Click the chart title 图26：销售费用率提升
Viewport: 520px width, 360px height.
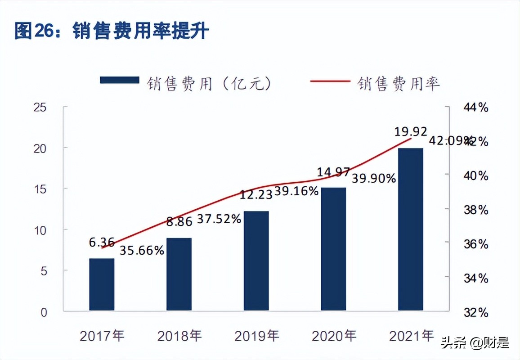coord(112,31)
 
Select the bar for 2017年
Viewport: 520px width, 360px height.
coord(102,284)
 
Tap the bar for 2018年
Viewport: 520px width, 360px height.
coord(179,274)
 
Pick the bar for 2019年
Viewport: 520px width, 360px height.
coord(256,261)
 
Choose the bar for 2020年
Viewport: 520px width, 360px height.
coord(333,249)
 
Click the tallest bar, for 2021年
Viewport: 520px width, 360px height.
coord(411,229)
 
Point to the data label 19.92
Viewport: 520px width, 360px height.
coord(411,132)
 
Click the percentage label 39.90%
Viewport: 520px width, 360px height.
coord(373,179)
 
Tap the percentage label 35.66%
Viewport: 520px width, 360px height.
coord(142,251)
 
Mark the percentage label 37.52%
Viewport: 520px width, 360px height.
coord(219,219)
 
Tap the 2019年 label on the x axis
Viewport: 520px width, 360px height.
coord(257,336)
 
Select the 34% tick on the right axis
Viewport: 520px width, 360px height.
coord(475,278)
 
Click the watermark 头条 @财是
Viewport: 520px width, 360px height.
coord(475,343)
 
